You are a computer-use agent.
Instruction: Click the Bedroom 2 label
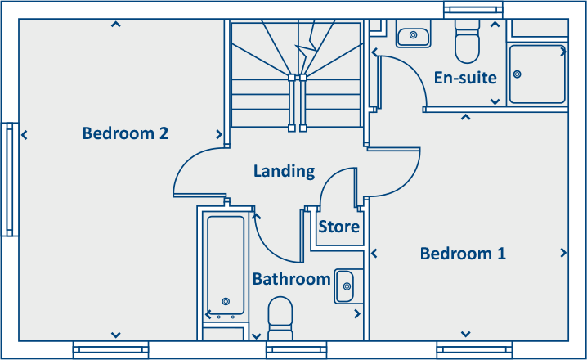[x=125, y=133]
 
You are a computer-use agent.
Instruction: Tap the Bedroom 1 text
[x=463, y=254]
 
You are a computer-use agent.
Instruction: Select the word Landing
[x=284, y=171]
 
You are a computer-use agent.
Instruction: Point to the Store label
[x=338, y=227]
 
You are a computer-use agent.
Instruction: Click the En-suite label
[x=465, y=79]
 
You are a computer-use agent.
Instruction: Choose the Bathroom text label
[x=291, y=279]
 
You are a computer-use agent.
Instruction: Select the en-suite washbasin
[x=413, y=36]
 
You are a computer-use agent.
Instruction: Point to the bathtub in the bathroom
[x=226, y=266]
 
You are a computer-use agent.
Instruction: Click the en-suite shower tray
[x=536, y=74]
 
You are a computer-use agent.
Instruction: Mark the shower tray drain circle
[x=517, y=74]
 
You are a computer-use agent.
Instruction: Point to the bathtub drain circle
[x=226, y=301]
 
